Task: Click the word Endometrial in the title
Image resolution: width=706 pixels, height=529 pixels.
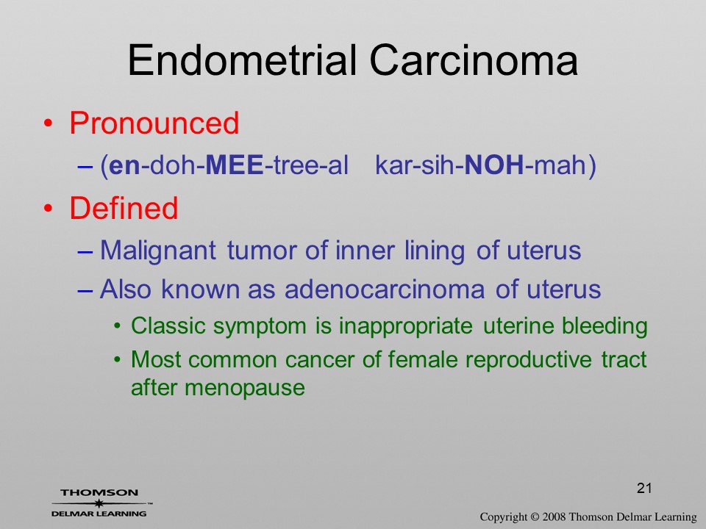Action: pyautogui.click(x=243, y=60)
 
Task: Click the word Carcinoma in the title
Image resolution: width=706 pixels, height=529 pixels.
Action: pyautogui.click(x=474, y=60)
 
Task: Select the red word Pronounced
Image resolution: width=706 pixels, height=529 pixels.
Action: pyautogui.click(x=154, y=123)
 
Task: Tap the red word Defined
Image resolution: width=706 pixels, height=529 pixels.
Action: pyautogui.click(x=124, y=208)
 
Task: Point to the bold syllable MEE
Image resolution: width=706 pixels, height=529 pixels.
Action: pyautogui.click(x=234, y=165)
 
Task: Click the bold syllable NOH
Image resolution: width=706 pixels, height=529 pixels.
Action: pyautogui.click(x=494, y=165)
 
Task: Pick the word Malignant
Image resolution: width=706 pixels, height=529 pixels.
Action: pyautogui.click(x=158, y=251)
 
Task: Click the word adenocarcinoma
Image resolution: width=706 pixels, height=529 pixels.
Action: pyautogui.click(x=385, y=289)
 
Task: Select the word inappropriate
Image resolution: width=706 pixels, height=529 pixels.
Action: pyautogui.click(x=406, y=326)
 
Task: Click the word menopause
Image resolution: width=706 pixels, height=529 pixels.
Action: pyautogui.click(x=244, y=388)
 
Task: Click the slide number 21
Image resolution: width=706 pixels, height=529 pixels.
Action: pyautogui.click(x=644, y=488)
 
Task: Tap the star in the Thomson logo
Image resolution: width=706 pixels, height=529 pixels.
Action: pyautogui.click(x=99, y=503)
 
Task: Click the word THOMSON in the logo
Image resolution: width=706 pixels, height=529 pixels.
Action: pyautogui.click(x=99, y=492)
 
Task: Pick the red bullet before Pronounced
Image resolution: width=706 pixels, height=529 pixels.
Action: pyautogui.click(x=49, y=123)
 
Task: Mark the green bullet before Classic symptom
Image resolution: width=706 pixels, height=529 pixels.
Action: pyautogui.click(x=118, y=325)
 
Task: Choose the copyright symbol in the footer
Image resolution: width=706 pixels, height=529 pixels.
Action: pyautogui.click(x=535, y=517)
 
